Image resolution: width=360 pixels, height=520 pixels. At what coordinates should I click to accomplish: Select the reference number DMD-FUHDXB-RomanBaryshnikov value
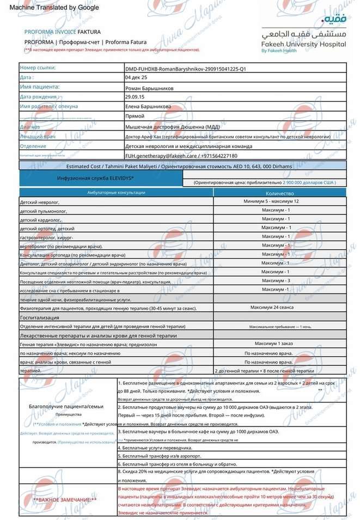coord(185,69)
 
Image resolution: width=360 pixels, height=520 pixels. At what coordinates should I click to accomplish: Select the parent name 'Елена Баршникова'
coord(148,107)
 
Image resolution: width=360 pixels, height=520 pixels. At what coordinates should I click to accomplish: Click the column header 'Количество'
coord(280,193)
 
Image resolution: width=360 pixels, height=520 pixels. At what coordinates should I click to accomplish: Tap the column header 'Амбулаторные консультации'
coord(117,193)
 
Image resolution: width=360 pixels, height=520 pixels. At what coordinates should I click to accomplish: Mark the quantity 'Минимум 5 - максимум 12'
coord(279,201)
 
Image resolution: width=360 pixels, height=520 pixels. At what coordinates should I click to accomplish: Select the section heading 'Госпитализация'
coord(39,317)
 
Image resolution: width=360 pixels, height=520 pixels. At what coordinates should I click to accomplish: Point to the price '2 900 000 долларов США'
coord(302,182)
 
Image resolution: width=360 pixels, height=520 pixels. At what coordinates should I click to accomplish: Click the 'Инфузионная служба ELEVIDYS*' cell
coord(96,178)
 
